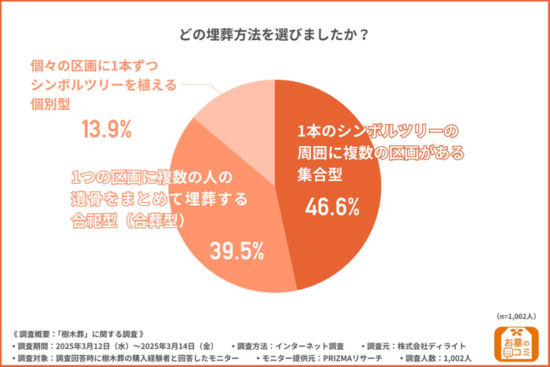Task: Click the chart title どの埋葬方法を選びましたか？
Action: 274,35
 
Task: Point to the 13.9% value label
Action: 106,128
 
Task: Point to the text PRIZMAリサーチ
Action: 344,358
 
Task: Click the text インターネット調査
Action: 309,346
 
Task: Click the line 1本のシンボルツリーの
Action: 376,130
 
